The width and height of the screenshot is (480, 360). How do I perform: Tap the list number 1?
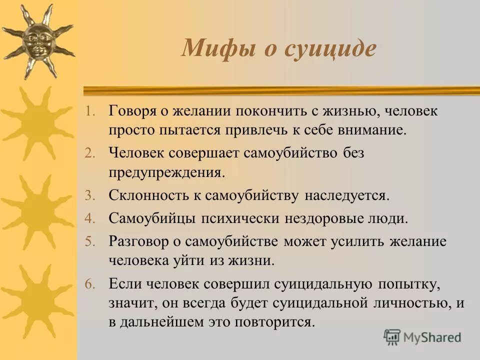(88, 111)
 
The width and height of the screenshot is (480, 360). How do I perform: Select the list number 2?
(88, 153)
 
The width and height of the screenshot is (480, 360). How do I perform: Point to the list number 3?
(88, 195)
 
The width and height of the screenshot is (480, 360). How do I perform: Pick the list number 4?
(88, 218)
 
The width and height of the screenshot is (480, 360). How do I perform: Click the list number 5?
(88, 242)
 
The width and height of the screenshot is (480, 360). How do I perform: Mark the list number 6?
(88, 284)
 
